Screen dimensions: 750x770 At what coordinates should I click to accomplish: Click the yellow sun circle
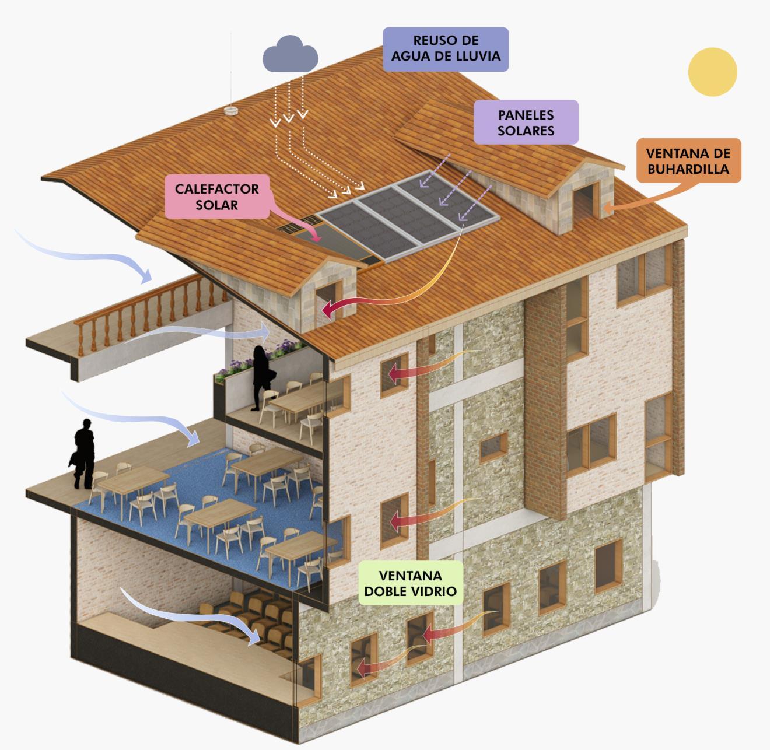(712, 72)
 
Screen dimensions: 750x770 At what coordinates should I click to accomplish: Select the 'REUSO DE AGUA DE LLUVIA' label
(446, 49)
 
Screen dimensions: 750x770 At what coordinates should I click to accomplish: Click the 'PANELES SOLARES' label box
(526, 122)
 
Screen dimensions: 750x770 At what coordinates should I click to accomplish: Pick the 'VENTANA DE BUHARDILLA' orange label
(688, 161)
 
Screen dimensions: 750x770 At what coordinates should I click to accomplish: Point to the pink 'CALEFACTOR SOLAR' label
(216, 197)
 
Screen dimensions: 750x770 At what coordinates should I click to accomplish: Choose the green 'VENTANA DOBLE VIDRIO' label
(411, 583)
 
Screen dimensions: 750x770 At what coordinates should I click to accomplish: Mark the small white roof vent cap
(231, 110)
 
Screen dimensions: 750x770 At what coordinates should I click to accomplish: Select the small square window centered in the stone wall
(494, 447)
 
